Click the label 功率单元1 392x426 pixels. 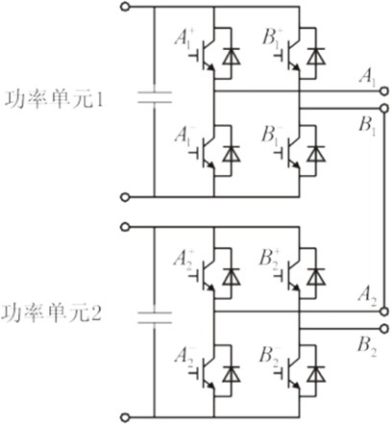[54, 99]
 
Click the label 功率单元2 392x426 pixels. [52, 313]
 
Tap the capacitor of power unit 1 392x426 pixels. [155, 97]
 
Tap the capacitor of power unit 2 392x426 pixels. [155, 317]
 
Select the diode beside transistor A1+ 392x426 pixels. [232, 56]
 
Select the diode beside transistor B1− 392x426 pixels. [316, 154]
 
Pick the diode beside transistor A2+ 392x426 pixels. [232, 277]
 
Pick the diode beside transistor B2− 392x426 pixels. [316, 373]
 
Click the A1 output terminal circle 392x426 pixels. [383, 91]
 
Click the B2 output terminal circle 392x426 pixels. [383, 329]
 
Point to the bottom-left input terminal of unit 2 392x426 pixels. [125, 417]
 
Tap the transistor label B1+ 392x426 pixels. [271, 38]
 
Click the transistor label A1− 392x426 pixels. [184, 135]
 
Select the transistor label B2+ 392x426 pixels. [270, 259]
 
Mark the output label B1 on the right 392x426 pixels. [367, 125]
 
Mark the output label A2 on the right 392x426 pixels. [367, 295]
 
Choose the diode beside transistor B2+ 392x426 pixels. [316, 277]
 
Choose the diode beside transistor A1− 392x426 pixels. [232, 154]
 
